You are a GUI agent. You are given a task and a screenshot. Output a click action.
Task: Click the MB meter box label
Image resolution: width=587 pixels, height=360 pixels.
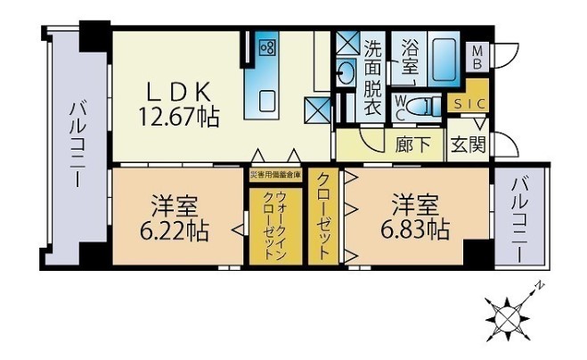coord(477,57)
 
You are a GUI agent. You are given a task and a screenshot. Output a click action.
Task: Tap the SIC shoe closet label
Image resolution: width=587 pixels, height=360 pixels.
coord(469,104)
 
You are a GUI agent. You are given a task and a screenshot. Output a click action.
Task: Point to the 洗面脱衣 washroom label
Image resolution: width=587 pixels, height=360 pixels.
coord(372,78)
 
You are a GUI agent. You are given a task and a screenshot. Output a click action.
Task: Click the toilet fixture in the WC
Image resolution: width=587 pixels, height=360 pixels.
coord(428,106)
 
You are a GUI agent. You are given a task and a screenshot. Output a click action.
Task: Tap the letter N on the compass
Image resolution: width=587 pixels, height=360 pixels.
coord(540,287)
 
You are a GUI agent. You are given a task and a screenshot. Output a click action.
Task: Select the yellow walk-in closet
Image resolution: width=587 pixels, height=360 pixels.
coord(275,227)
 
